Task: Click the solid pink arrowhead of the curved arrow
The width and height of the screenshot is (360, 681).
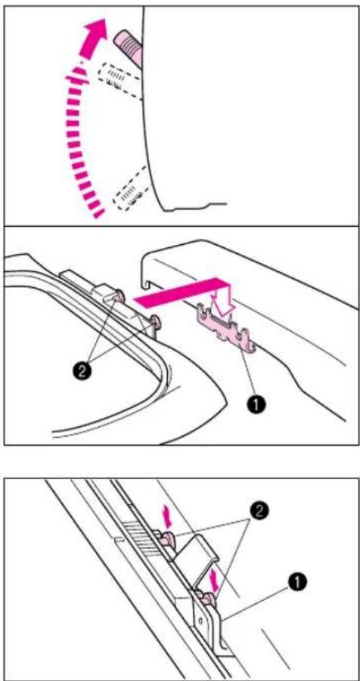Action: [x=97, y=31]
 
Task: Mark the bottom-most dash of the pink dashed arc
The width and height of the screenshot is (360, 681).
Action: [x=98, y=213]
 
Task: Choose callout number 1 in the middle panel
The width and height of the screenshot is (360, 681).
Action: [x=258, y=404]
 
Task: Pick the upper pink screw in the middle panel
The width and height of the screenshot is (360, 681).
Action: [x=119, y=298]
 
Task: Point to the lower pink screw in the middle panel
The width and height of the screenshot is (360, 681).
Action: [x=155, y=322]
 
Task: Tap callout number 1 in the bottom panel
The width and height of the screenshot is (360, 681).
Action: [x=300, y=580]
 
